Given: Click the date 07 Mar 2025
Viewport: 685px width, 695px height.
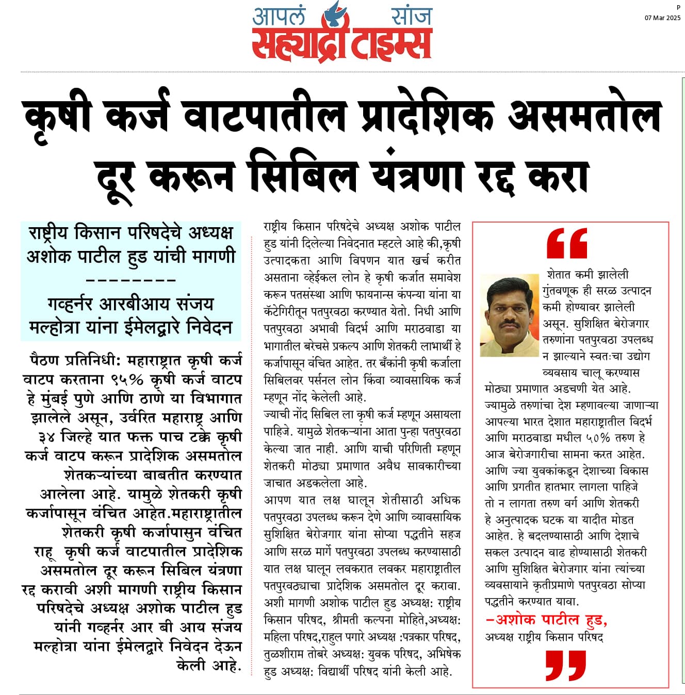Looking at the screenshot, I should [x=662, y=18].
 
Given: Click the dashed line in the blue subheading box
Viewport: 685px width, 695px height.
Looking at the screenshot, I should [x=131, y=280].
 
